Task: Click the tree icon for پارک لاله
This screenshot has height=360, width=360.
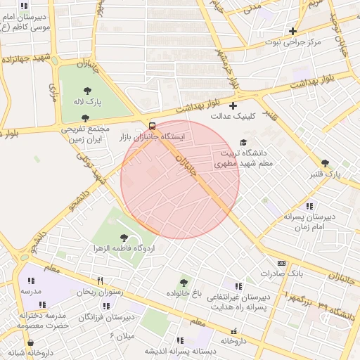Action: tap(87, 91)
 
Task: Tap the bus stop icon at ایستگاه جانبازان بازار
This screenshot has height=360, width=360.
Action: tap(153, 126)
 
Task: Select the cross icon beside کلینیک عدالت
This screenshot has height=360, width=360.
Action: tap(233, 105)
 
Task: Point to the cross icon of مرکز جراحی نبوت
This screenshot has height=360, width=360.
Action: tap(292, 31)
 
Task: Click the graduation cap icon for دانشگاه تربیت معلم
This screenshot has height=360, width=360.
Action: tap(243, 142)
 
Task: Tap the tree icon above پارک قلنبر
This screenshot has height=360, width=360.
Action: tap(324, 162)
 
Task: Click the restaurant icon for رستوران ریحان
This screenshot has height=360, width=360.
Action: tap(100, 280)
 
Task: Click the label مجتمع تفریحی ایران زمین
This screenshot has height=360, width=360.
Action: tap(86, 134)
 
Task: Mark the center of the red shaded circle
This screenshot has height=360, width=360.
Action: tap(180, 179)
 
